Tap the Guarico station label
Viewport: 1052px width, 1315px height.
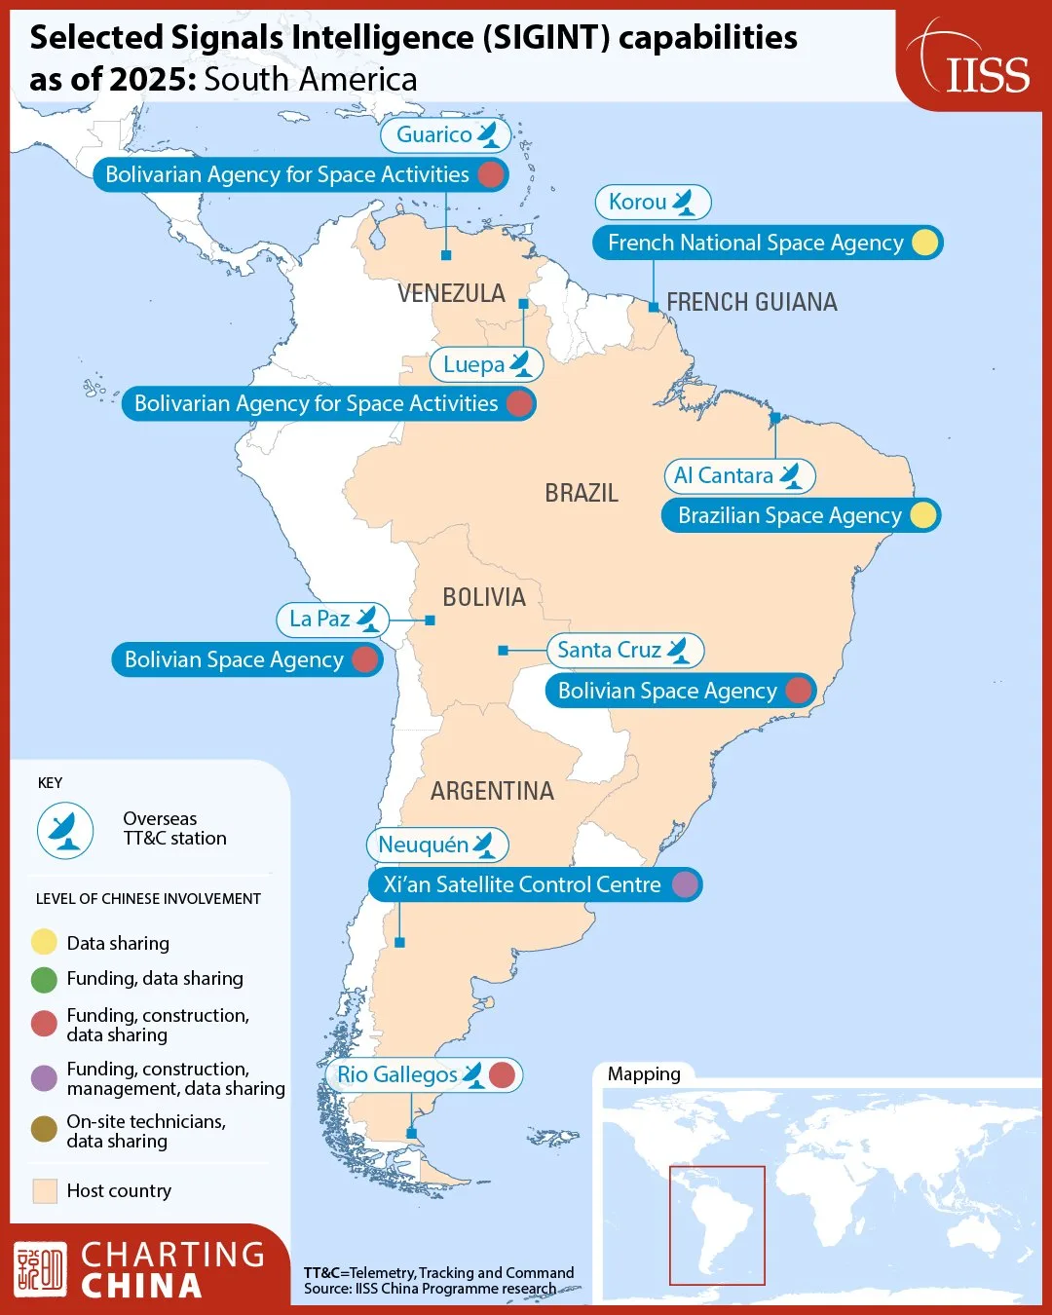(445, 134)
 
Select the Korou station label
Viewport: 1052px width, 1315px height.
(653, 203)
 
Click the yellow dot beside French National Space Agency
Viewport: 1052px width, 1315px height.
(924, 243)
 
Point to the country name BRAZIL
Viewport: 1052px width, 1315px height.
(582, 493)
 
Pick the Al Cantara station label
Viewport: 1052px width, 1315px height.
(738, 475)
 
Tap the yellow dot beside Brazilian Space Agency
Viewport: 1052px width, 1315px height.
(922, 515)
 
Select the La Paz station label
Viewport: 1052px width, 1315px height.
(332, 619)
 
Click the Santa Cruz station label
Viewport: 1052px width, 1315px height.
(624, 650)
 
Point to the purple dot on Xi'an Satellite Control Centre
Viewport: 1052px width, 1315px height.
(686, 884)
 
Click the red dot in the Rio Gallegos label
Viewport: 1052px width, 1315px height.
(502, 1074)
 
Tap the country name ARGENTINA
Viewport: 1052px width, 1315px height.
(492, 791)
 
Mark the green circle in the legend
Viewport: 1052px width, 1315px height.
(44, 979)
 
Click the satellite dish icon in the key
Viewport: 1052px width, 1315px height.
(65, 830)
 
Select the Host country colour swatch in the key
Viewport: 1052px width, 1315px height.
(45, 1190)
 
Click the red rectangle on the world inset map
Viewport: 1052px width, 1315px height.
(717, 1225)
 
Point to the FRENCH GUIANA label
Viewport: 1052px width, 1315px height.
(751, 302)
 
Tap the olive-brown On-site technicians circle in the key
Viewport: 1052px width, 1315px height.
(44, 1129)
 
